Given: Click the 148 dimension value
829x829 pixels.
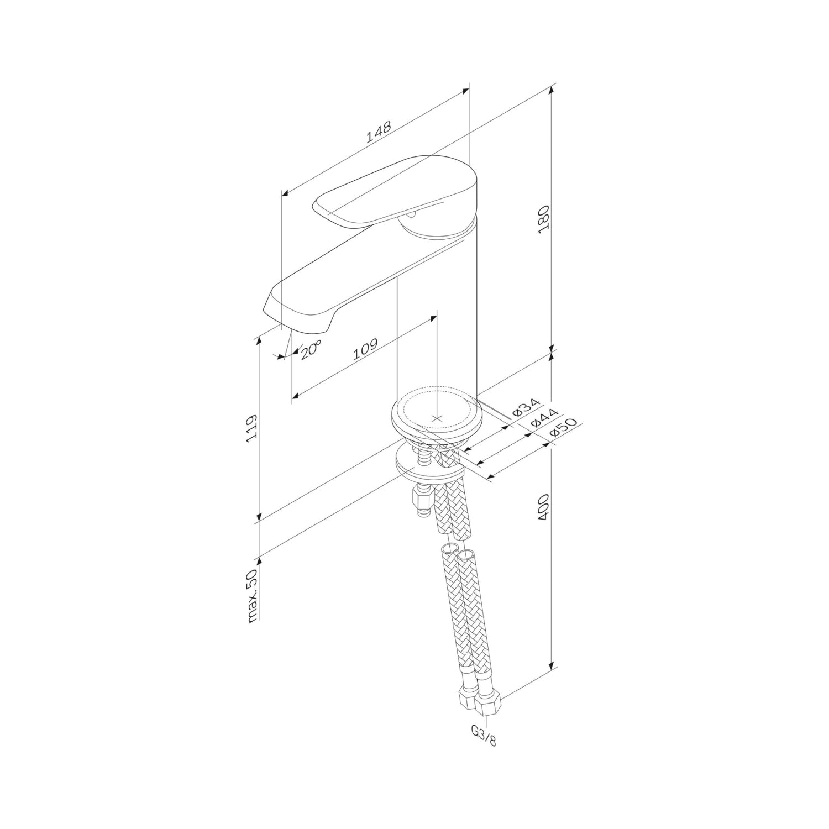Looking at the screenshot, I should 379,132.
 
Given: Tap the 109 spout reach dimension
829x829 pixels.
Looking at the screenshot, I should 365,349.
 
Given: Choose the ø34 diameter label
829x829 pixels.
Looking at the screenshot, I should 525,407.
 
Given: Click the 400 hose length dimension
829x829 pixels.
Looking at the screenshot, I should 544,506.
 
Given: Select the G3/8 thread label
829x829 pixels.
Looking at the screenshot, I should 484,736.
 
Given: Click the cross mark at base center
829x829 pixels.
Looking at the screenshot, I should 437,418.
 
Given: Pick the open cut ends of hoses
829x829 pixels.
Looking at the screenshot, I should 458,553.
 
